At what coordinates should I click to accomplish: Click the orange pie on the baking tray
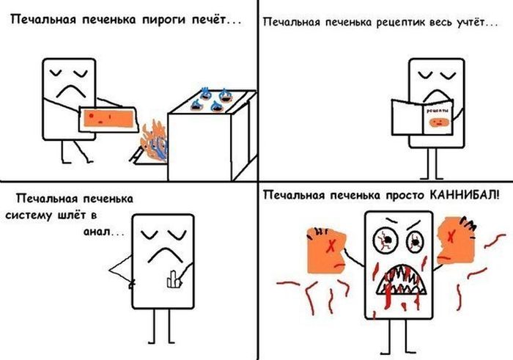108,119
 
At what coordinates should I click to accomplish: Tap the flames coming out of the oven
155,142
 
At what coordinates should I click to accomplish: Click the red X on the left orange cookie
331,246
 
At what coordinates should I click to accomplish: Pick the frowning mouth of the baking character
71,92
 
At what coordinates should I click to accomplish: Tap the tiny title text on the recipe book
438,111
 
